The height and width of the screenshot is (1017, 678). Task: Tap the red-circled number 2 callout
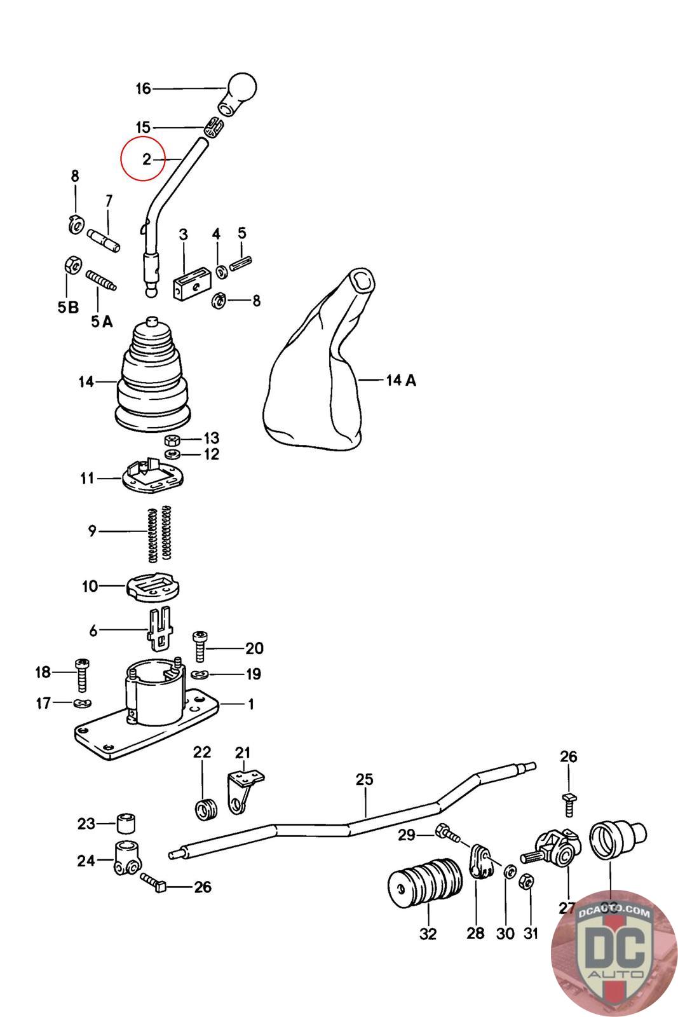click(146, 159)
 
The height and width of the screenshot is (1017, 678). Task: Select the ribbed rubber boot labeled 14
click(153, 378)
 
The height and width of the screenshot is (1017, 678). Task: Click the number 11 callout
click(87, 478)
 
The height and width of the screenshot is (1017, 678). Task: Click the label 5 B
click(68, 308)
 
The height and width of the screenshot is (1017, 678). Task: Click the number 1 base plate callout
click(250, 704)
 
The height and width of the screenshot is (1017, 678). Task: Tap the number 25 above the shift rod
click(365, 779)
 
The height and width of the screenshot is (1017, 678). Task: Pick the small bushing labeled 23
click(126, 824)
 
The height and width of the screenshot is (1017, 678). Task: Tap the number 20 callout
click(254, 648)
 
